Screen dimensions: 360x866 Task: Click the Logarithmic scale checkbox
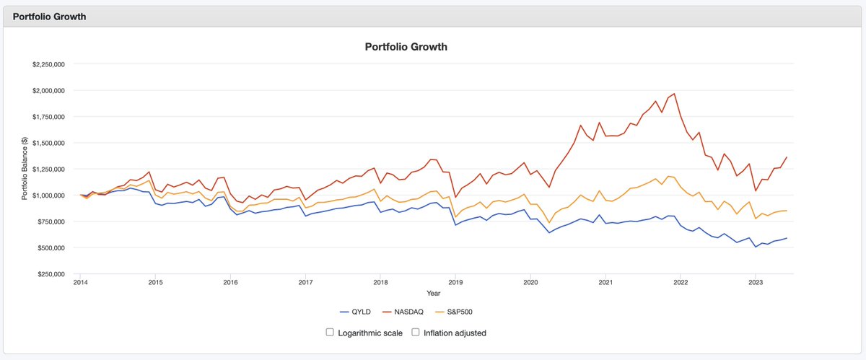330,333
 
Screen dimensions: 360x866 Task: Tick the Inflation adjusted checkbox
416,333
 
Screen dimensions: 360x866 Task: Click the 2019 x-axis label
455,283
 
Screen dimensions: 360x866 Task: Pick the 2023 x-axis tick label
756,283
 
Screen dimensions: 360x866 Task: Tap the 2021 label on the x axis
605,283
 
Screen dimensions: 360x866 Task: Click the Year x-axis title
433,294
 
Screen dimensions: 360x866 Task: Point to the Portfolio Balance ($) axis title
25,169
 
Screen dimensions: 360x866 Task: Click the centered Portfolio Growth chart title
406,47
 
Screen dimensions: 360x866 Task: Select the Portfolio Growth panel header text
50,17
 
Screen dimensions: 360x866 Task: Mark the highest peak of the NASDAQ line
674,94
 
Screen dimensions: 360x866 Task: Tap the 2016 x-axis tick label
229,283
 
